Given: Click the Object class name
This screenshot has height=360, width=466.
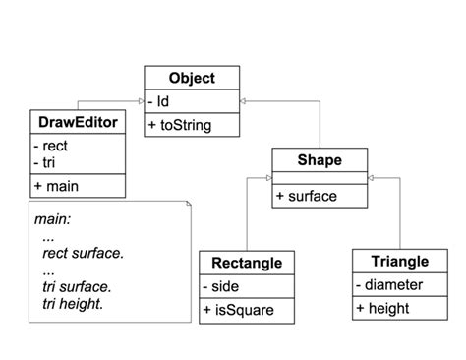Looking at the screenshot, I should point(192,78).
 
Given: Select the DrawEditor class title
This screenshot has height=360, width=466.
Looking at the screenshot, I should point(78,123).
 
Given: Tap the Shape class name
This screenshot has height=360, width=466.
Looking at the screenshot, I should point(320,159).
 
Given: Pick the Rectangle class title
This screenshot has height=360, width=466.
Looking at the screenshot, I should point(247,263).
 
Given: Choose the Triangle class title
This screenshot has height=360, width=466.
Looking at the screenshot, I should point(400,261).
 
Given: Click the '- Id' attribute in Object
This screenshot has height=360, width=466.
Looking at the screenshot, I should point(158,100).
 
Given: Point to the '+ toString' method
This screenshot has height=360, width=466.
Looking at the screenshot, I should point(180,125).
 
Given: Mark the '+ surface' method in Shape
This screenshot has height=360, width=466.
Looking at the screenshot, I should point(306,196).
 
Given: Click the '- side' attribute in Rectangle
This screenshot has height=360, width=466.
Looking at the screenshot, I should point(223,286).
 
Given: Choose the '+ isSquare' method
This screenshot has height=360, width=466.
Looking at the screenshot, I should point(238,310).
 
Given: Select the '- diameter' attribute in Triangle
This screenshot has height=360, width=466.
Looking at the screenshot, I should point(390,285).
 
